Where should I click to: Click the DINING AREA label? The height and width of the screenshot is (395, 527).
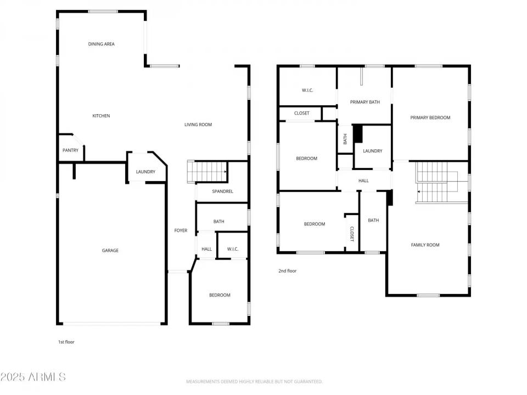tap(102, 44)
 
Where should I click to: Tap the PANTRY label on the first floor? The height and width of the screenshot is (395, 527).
tap(70, 150)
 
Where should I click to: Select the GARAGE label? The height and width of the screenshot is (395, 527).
tap(110, 251)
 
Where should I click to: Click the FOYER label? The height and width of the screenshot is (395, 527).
tap(181, 231)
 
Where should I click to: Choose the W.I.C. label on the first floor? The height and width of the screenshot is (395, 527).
tap(233, 249)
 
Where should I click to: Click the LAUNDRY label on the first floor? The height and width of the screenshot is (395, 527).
tap(145, 172)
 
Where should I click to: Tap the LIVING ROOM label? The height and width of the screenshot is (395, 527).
tap(198, 125)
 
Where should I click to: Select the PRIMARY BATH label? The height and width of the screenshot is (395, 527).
tap(365, 102)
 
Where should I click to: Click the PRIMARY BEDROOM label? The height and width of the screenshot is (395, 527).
tap(430, 117)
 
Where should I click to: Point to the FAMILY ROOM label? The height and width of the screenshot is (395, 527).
tap(425, 245)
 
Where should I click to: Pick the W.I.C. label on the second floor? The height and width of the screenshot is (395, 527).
tap(307, 90)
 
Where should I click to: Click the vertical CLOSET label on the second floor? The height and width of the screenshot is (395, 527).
tap(352, 234)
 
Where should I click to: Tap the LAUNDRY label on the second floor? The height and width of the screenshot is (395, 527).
tap(372, 151)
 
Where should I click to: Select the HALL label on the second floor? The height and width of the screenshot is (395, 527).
tap(363, 180)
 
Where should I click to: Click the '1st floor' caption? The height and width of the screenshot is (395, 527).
tap(66, 342)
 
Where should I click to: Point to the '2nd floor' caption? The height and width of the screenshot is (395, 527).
tap(287, 270)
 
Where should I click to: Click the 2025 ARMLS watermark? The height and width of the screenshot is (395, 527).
tap(33, 377)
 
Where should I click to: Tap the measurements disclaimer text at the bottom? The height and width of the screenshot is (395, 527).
tap(254, 381)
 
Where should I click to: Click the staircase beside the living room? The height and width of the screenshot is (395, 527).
tap(208, 171)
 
